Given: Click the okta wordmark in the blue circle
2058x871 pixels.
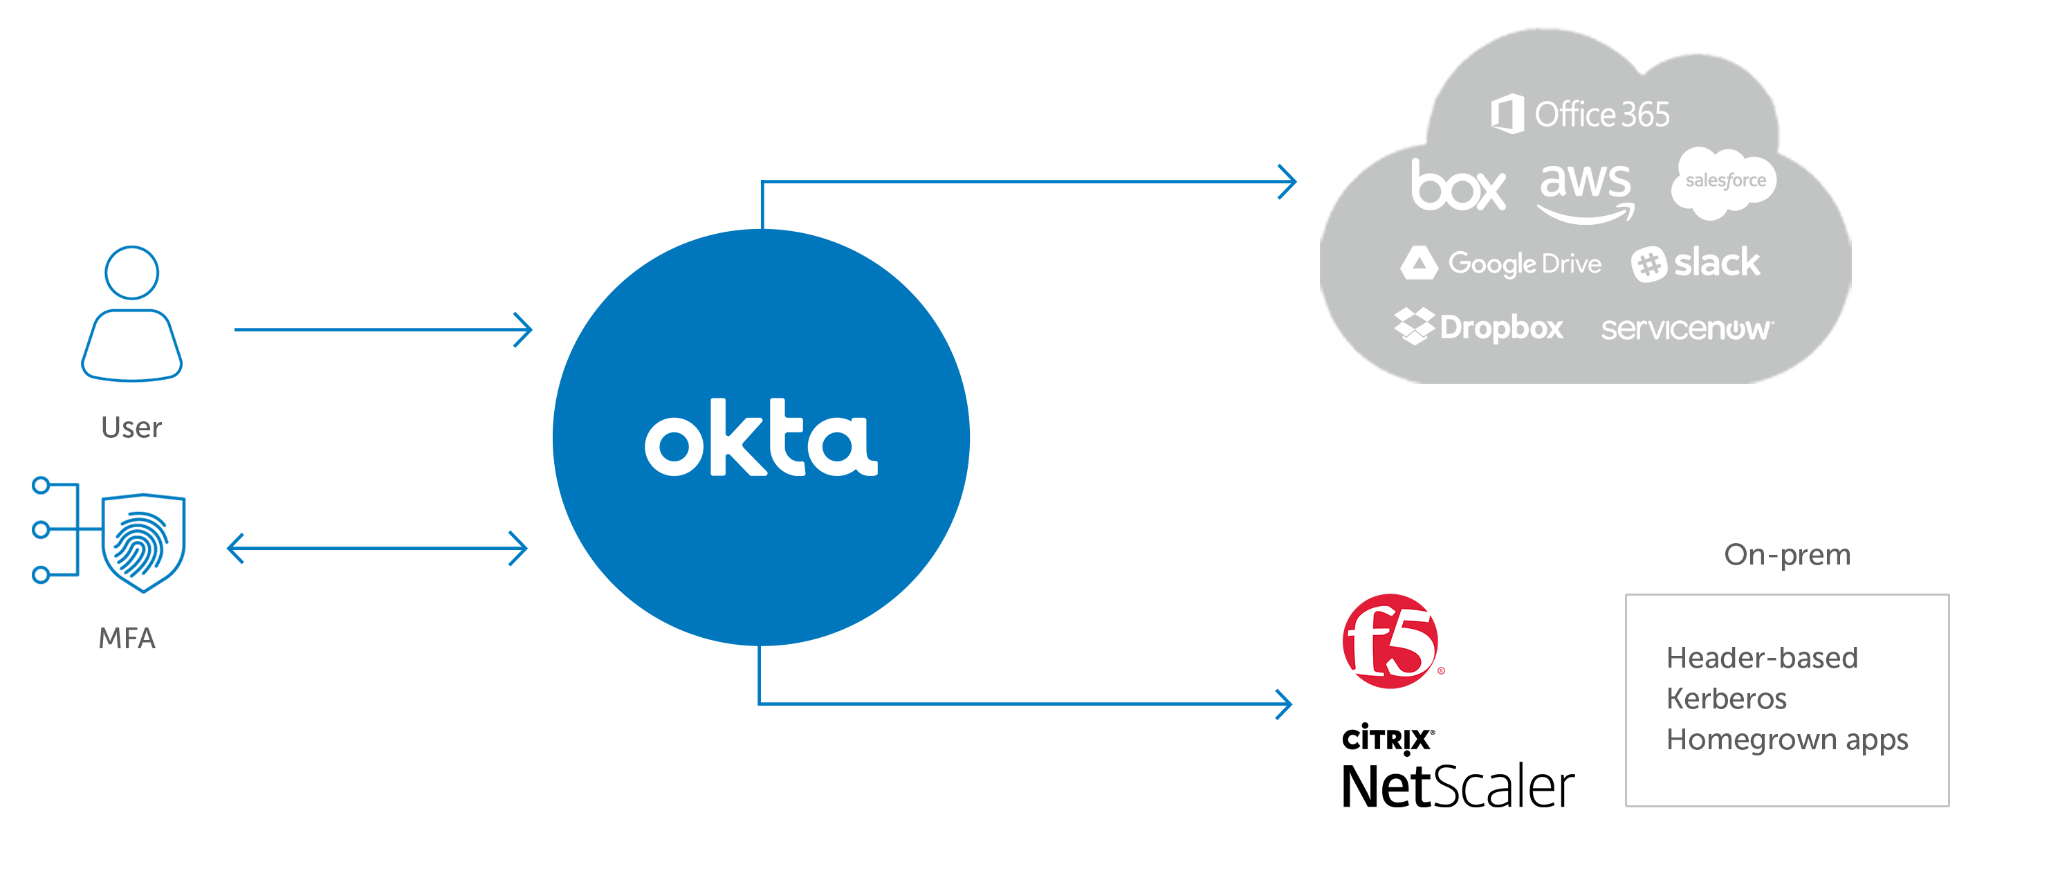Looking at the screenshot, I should [x=760, y=438].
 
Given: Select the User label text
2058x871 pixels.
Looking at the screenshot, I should [x=131, y=428].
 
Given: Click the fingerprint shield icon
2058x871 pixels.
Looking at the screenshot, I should [x=143, y=542].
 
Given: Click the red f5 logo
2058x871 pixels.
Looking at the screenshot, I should [x=1391, y=641].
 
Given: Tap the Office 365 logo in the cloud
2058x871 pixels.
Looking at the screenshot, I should [x=1580, y=114].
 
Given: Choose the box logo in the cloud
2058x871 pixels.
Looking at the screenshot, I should [x=1458, y=185].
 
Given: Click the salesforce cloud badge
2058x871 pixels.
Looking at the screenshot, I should [x=1724, y=182].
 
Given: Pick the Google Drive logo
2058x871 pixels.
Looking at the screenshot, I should [x=1501, y=263].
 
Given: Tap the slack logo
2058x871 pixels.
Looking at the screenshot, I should [x=1696, y=263].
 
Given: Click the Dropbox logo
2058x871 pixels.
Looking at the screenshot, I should [x=1479, y=327].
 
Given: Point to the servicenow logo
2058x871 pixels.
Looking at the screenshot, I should [x=1687, y=329].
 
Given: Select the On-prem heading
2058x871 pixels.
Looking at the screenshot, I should [x=1787, y=555].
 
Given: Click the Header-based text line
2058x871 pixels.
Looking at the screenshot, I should [x=1762, y=658].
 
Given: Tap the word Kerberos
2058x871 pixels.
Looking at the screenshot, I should [x=1726, y=699].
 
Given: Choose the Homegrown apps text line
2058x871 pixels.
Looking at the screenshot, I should [x=1786, y=740].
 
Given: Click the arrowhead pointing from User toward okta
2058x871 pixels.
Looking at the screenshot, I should [x=524, y=329].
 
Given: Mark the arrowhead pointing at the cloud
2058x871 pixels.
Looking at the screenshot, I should [x=1288, y=181].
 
